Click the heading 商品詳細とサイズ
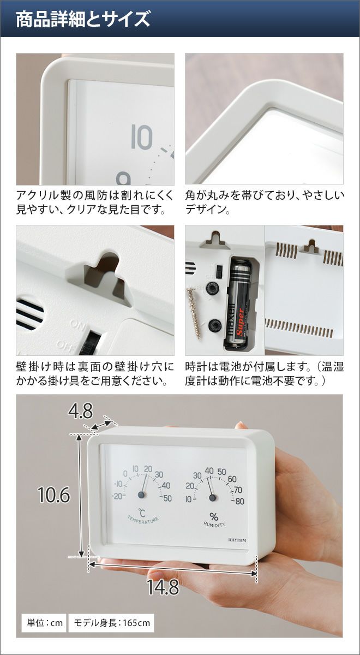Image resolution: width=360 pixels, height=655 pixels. (83, 19)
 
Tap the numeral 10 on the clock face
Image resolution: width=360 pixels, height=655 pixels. (142, 137)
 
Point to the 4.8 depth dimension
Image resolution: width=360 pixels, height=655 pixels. (80, 410)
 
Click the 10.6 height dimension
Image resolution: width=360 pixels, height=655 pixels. (54, 495)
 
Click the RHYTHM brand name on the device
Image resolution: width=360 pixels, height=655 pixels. (237, 540)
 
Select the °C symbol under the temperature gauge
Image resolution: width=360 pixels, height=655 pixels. (142, 513)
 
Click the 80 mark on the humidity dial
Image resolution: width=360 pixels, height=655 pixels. (239, 501)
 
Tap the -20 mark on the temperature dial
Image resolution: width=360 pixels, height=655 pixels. (117, 496)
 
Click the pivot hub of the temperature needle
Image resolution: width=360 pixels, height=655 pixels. (141, 495)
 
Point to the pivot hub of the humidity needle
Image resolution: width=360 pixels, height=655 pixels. (213, 497)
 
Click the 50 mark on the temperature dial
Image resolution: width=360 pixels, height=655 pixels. (167, 498)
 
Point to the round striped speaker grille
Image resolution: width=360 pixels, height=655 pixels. (29, 314)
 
